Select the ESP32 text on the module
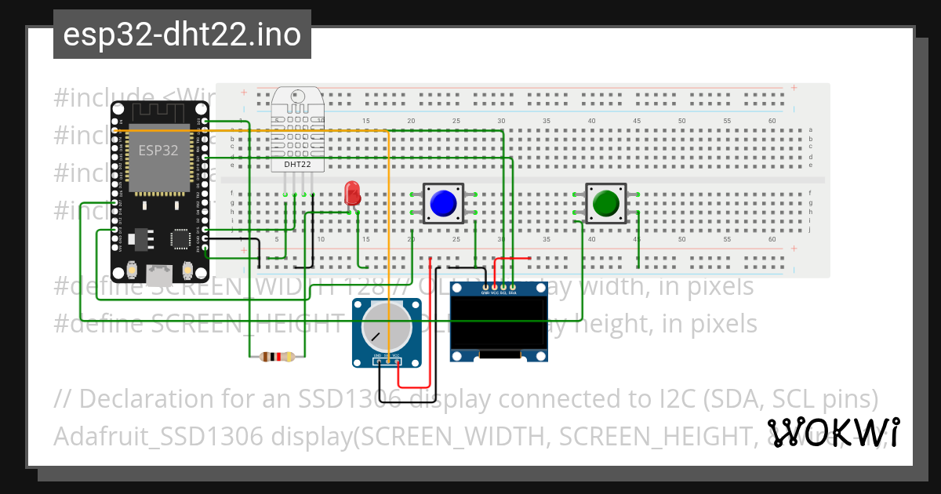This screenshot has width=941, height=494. [x=158, y=151]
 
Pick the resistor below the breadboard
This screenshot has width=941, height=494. [x=277, y=357]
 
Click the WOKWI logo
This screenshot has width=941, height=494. [x=833, y=432]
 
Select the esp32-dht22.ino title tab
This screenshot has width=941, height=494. [x=182, y=35]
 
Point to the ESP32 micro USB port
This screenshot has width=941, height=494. [x=160, y=274]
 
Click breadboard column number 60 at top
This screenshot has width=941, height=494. [x=772, y=121]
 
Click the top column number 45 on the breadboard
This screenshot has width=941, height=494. [x=637, y=121]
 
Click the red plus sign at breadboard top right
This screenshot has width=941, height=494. [x=794, y=89]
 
